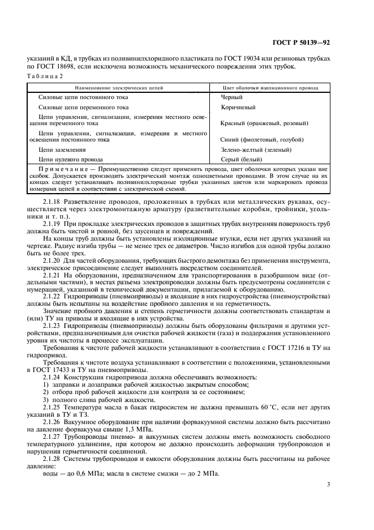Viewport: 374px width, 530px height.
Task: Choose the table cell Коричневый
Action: click(238, 107)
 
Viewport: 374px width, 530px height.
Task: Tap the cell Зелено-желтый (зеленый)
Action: click(256, 150)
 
